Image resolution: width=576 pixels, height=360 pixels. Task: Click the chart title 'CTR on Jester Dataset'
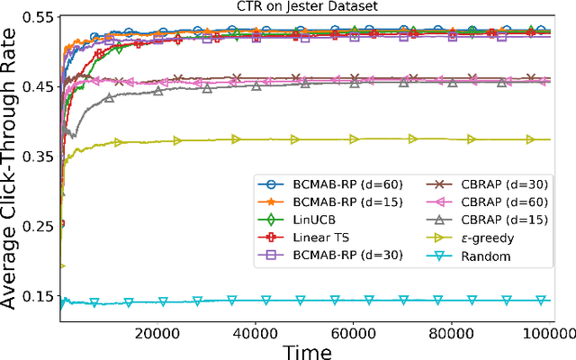[x=308, y=7]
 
